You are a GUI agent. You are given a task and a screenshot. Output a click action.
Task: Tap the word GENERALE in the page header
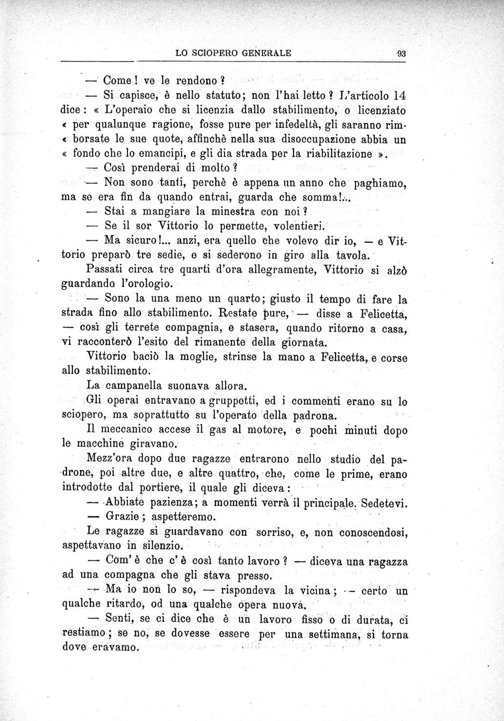point(266,53)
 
